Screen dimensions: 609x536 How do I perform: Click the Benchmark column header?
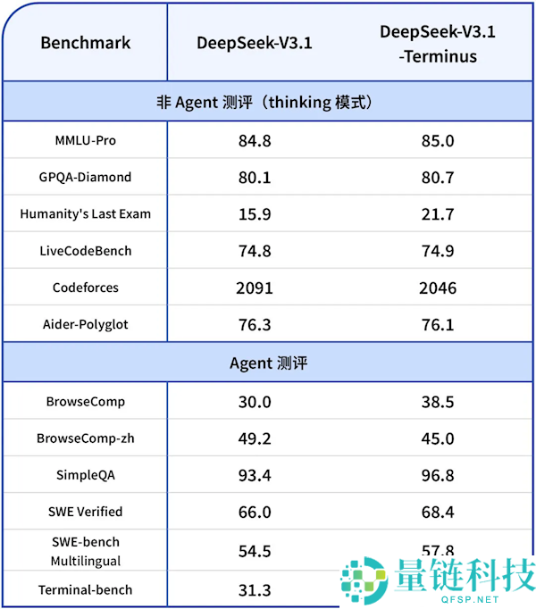pyautogui.click(x=85, y=42)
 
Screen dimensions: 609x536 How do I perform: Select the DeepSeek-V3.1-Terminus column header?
pyautogui.click(x=438, y=44)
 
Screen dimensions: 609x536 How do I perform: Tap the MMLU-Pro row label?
pyautogui.click(x=85, y=140)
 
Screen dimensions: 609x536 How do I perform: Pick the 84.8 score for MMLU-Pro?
pyautogui.click(x=255, y=141)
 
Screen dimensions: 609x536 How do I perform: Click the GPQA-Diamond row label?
pyautogui.click(x=85, y=177)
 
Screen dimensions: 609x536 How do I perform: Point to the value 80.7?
pyautogui.click(x=438, y=178)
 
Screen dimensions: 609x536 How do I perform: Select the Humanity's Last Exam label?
pyautogui.click(x=85, y=213)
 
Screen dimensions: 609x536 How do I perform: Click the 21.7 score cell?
pyautogui.click(x=438, y=214)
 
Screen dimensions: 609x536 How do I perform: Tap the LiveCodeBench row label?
pyautogui.click(x=85, y=251)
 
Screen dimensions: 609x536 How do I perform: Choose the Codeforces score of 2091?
pyautogui.click(x=255, y=288)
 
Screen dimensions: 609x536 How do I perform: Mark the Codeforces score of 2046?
pyautogui.click(x=438, y=288)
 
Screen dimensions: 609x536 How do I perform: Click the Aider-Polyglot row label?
pyautogui.click(x=85, y=324)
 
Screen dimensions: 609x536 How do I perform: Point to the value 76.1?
pyautogui.click(x=438, y=325)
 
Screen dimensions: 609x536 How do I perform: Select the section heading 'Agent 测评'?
pyautogui.click(x=268, y=363)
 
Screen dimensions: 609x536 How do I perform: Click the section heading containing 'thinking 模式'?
pyautogui.click(x=268, y=102)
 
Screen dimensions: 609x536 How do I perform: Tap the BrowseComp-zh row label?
pyautogui.click(x=85, y=438)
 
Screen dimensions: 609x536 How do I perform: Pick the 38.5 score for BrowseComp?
pyautogui.click(x=438, y=403)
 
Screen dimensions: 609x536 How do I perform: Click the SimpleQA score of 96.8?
pyautogui.click(x=438, y=476)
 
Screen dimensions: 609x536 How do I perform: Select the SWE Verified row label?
pyautogui.click(x=85, y=512)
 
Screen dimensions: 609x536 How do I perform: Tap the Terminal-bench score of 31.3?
pyautogui.click(x=255, y=590)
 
